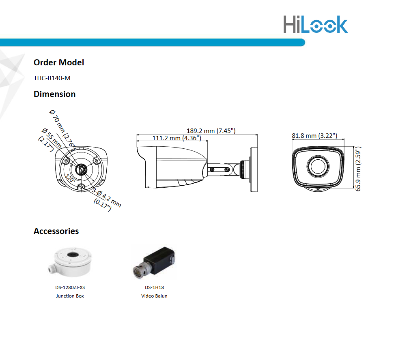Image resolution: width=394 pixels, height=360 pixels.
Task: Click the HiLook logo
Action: click(x=316, y=24)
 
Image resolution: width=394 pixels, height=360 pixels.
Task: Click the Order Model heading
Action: click(x=59, y=62)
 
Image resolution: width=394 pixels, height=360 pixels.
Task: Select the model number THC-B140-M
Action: click(x=52, y=78)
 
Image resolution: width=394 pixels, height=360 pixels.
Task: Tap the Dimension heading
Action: click(x=54, y=94)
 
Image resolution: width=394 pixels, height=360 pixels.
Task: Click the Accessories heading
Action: click(x=56, y=231)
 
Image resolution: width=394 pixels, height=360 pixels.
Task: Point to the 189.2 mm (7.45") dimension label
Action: click(x=211, y=131)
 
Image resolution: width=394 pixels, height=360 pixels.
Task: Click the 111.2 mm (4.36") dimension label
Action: click(x=177, y=138)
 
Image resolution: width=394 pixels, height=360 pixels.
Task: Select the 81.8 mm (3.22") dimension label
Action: click(x=314, y=136)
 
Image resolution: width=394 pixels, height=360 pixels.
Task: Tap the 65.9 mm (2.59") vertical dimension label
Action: click(x=358, y=169)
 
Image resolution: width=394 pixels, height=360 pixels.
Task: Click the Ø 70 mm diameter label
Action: click(x=62, y=128)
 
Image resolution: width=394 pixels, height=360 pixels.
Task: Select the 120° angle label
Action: click(x=70, y=178)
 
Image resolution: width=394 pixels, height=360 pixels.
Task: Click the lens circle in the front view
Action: click(x=318, y=166)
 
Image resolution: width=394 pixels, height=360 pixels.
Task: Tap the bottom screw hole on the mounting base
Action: click(x=81, y=186)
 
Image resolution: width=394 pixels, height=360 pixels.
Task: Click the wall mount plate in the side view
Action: click(x=254, y=169)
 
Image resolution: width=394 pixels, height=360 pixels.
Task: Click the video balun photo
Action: click(x=154, y=263)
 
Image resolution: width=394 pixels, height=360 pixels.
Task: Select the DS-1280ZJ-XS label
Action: click(x=70, y=287)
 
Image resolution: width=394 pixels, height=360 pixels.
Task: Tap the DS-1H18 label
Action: click(x=154, y=287)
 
